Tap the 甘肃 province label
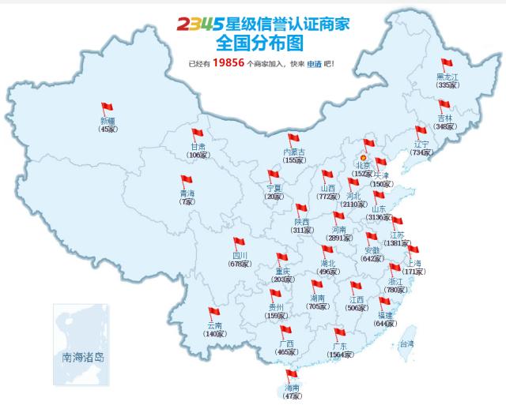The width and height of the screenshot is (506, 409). click(198, 147)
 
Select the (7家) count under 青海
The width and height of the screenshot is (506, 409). click(187, 201)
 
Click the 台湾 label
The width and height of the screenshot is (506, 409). click(406, 344)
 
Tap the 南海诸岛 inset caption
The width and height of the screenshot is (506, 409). click(81, 356)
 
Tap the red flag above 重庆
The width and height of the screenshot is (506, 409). click(281, 258)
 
